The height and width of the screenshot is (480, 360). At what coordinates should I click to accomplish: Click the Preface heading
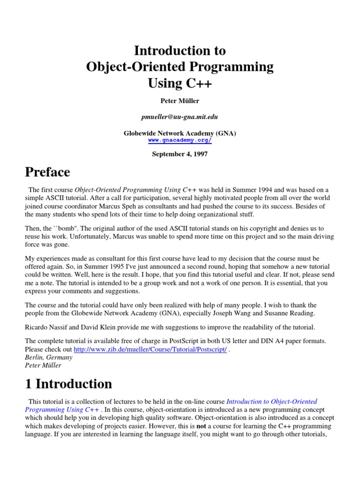47,172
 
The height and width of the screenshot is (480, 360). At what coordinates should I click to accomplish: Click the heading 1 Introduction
68,384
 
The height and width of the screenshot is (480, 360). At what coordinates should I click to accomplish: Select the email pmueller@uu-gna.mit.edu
180,117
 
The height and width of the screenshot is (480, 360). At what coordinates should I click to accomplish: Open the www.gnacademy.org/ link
180,140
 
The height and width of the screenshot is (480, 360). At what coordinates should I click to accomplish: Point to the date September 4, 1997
180,154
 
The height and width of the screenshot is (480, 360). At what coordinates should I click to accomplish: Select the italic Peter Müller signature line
43,365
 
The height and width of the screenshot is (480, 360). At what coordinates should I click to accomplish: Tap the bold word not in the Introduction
201,426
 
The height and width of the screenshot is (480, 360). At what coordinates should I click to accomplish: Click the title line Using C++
180,83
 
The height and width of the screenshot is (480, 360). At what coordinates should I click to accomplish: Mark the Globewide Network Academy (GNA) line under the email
180,134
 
